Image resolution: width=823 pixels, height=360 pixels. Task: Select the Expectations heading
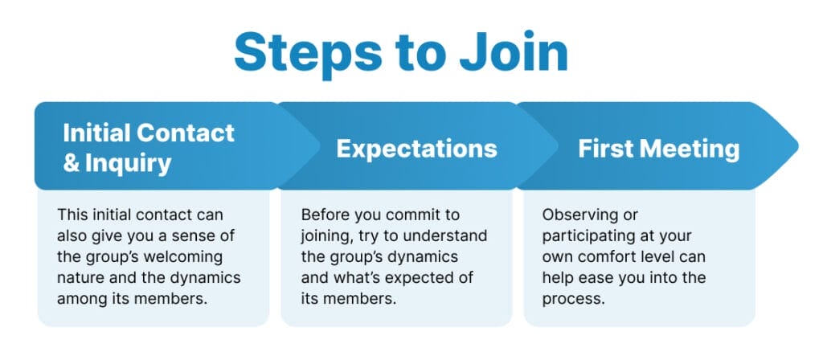tap(416, 149)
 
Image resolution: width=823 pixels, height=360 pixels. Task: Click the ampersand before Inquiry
tap(72, 163)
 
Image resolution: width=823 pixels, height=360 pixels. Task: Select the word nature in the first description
tap(81, 278)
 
